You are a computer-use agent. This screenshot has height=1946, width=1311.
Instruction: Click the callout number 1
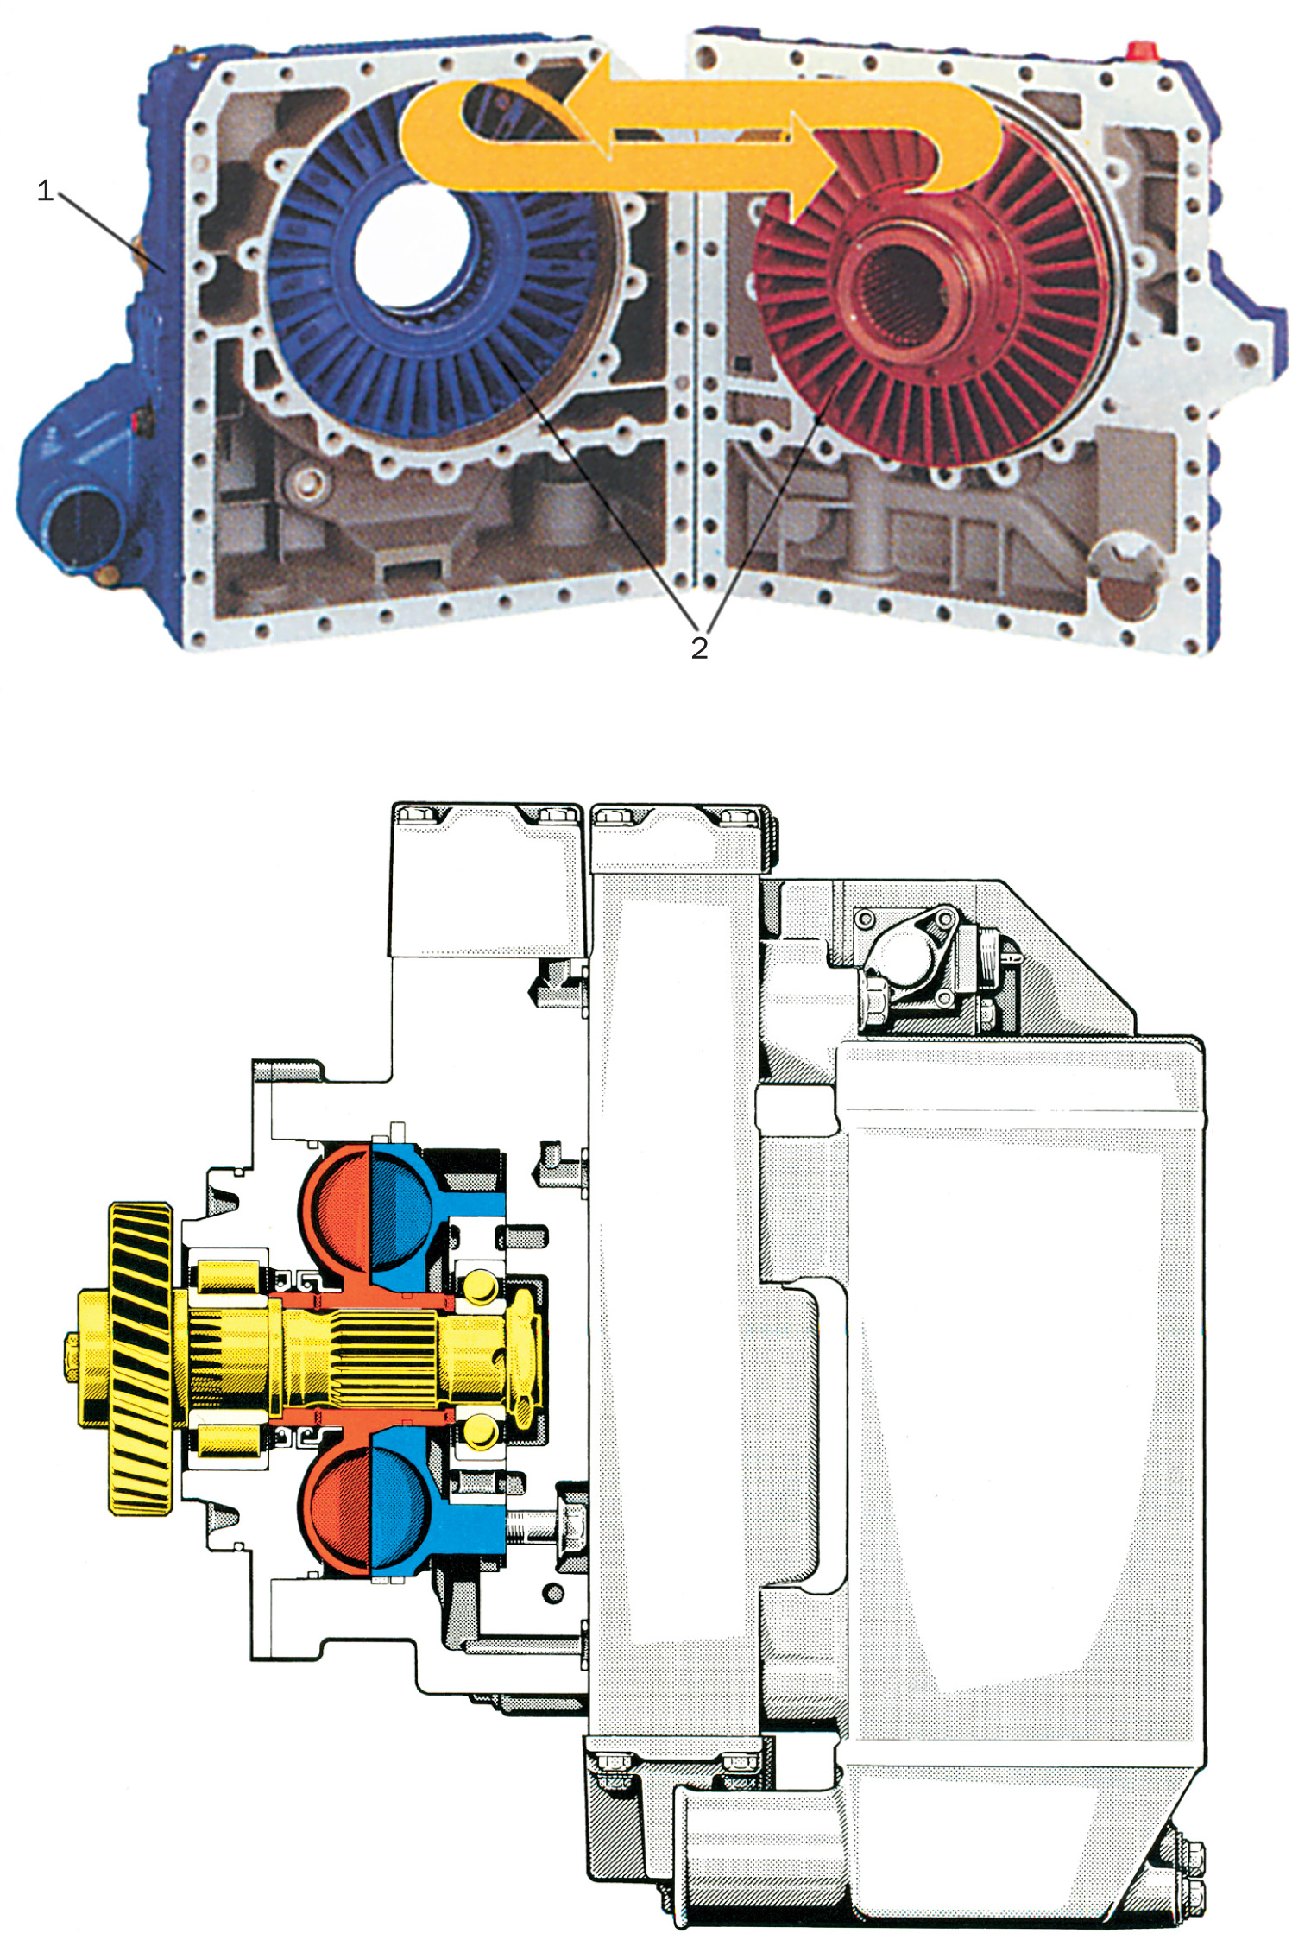coord(45,191)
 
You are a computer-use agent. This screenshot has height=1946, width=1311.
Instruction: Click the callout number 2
coord(699,648)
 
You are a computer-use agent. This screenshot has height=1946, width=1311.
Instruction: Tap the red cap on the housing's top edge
coord(1142,49)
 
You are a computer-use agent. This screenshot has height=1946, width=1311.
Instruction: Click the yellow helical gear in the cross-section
coord(140,1356)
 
